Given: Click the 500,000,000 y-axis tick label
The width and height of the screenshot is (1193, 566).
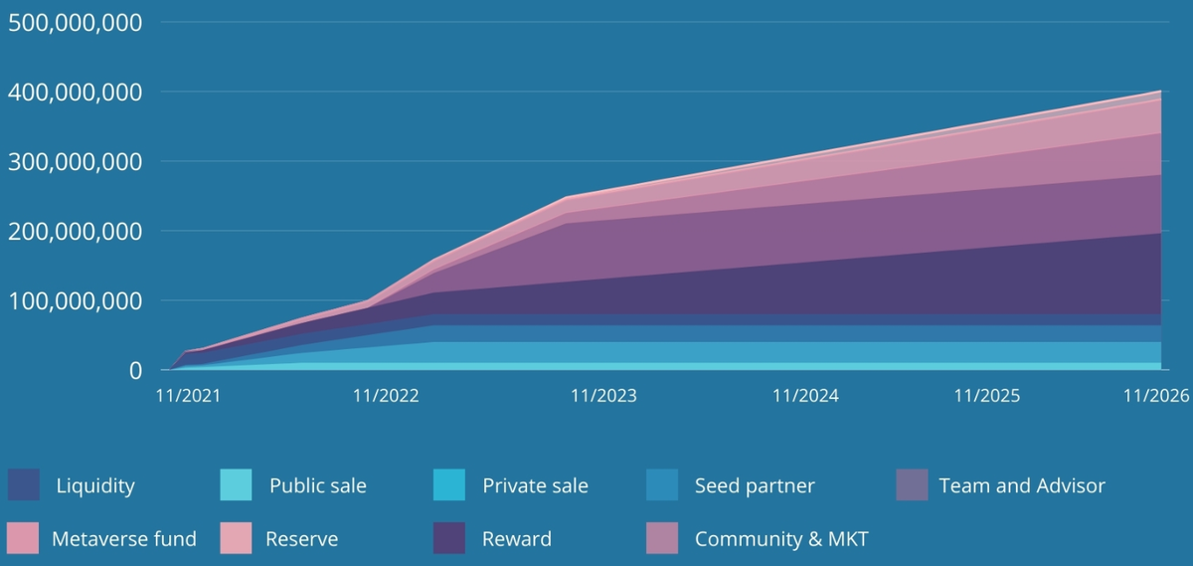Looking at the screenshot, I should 76,22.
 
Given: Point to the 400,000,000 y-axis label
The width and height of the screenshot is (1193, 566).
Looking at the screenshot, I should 76,92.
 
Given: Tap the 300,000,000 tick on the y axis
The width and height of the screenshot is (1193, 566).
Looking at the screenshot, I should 76,161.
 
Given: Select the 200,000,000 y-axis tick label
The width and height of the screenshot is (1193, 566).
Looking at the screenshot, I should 76,231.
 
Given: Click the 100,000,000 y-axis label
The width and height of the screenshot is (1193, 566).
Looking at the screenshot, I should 76,300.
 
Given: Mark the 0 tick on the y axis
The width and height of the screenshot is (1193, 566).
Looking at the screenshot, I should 135,370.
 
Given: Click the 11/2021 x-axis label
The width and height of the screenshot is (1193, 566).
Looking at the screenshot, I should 188,396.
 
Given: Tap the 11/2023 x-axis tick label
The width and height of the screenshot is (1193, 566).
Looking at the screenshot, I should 603,396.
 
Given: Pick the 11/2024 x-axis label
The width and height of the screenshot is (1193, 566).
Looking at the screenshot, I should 805,396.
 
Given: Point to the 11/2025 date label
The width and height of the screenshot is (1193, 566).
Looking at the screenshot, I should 987,396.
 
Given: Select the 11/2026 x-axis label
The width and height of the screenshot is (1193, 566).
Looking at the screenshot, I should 1156,396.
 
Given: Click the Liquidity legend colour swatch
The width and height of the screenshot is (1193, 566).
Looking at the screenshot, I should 24,485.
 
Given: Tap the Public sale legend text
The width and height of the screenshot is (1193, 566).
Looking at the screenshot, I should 317,486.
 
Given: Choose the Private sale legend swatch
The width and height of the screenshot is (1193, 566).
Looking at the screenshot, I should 449,485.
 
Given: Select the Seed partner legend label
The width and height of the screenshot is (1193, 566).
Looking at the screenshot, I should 755,486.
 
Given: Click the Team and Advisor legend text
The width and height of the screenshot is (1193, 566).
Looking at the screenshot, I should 1022,486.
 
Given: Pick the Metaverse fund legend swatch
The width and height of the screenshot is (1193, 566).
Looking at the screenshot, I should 24,538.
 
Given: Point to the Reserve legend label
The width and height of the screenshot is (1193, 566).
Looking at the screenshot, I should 301,539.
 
